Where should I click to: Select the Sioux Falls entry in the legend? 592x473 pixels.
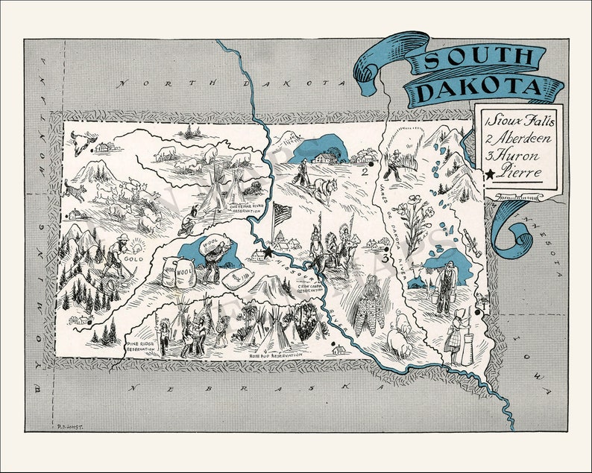522,121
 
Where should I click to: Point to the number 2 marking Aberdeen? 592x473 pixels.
365,173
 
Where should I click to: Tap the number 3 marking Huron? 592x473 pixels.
385,259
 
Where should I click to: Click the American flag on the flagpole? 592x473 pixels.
283,214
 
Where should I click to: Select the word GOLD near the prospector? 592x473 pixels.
134,258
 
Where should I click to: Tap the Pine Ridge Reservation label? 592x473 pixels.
141,347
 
